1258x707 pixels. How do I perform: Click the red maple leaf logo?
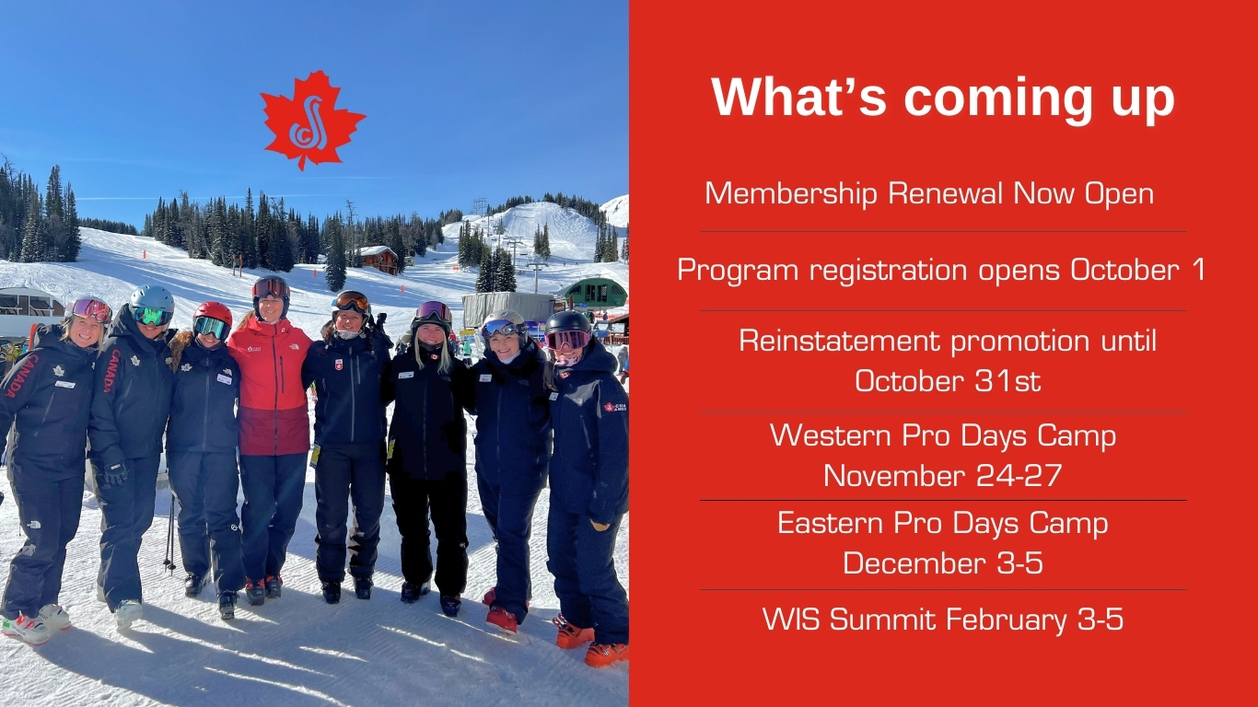(x=312, y=120)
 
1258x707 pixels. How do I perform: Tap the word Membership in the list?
(x=791, y=194)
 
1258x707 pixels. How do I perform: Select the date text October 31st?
(x=948, y=381)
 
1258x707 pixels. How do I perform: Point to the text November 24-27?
(x=942, y=476)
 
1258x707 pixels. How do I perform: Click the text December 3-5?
(x=943, y=562)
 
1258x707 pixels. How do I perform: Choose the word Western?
(x=831, y=435)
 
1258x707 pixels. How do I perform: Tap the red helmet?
(x=213, y=313)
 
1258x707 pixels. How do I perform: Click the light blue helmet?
(x=152, y=299)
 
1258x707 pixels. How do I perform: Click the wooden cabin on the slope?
(x=379, y=259)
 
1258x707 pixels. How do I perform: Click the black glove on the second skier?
(x=116, y=473)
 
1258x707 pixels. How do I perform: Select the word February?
(x=1006, y=620)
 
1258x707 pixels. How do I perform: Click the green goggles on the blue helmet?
(x=152, y=316)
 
